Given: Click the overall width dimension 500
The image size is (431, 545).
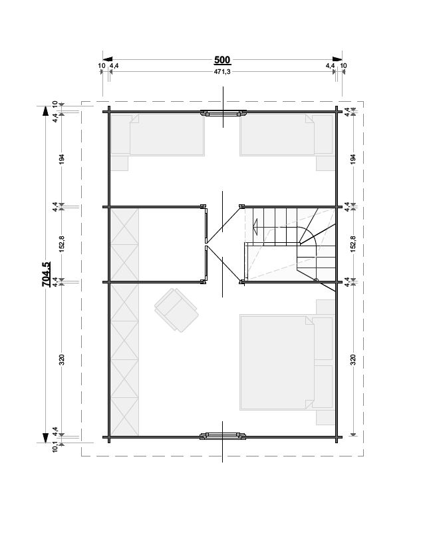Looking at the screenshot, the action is (x=222, y=60).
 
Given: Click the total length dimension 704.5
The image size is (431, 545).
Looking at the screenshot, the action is (x=46, y=274).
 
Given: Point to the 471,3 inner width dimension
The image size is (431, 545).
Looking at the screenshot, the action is (x=222, y=72).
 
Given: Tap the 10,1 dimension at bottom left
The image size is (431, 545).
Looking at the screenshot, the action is (x=55, y=447).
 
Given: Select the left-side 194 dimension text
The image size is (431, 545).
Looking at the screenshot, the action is (x=62, y=159).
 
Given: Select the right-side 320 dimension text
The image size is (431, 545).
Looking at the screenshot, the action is (x=353, y=360).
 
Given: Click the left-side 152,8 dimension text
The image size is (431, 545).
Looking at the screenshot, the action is (x=62, y=244).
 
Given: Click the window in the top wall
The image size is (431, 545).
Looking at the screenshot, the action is (x=223, y=113).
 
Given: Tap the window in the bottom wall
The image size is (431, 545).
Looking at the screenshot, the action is (x=223, y=437).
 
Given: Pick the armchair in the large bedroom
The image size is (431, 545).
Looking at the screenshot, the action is (x=176, y=310).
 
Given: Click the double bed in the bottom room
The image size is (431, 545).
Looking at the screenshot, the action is (x=287, y=363).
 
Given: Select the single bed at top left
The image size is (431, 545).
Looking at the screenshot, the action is (x=158, y=135).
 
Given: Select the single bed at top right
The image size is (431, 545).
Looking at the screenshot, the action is (x=287, y=135).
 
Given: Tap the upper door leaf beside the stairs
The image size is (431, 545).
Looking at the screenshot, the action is (x=223, y=224).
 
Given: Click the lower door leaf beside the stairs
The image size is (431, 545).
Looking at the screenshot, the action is (x=223, y=264).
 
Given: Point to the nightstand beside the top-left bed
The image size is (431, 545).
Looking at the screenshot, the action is (x=120, y=163).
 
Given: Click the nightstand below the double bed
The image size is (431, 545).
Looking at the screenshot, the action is (x=325, y=418).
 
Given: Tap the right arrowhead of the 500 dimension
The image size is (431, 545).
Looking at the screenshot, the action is (x=337, y=59).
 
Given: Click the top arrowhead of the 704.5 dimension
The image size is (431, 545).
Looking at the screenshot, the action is (x=45, y=110).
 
